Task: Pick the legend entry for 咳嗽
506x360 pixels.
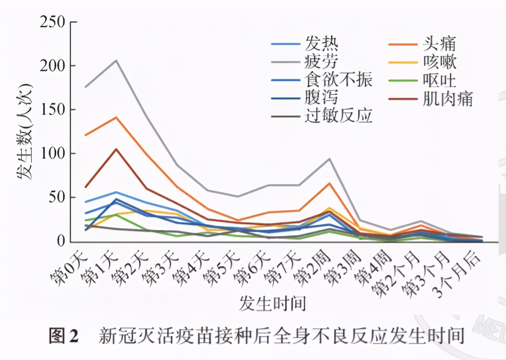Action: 439,62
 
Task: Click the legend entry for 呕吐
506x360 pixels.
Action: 439,80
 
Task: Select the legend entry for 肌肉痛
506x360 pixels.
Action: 447,98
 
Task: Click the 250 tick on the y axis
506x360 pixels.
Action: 52,22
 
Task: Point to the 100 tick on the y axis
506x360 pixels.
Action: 52,154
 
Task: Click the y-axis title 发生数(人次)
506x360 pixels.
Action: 25,131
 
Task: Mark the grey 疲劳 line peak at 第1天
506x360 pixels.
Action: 116,60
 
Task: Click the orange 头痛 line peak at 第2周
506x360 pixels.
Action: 329,183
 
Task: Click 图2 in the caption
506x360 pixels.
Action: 63,336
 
